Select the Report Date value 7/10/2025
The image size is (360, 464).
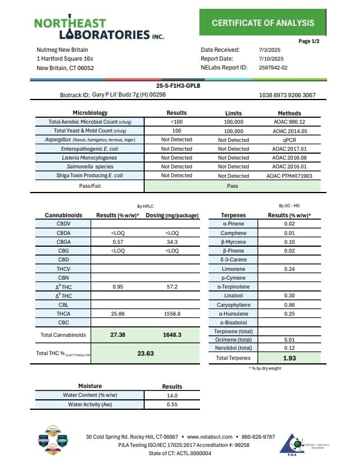(x=271, y=59)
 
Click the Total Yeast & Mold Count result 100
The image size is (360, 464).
(x=176, y=131)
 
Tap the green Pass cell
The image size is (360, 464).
(x=233, y=185)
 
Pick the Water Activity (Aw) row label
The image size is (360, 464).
(x=90, y=405)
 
